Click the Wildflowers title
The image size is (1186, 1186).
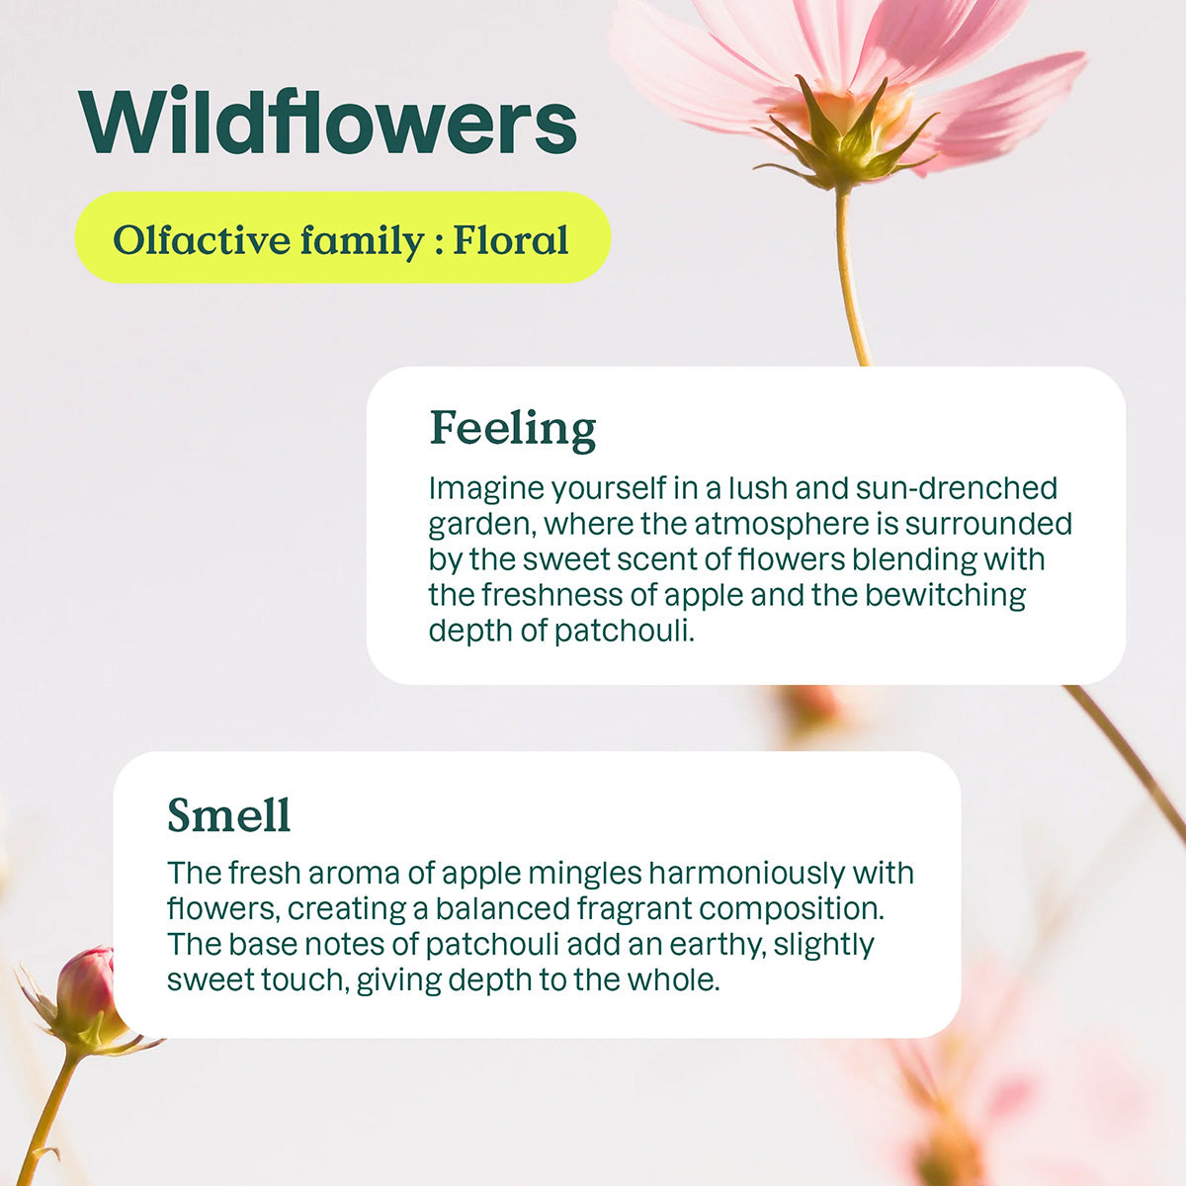[327, 123]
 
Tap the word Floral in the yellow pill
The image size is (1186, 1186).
[510, 240]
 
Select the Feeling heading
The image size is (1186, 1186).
[513, 428]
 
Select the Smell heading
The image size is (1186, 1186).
[228, 815]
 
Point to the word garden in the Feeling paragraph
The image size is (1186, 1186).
[481, 524]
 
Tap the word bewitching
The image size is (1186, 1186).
[945, 595]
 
